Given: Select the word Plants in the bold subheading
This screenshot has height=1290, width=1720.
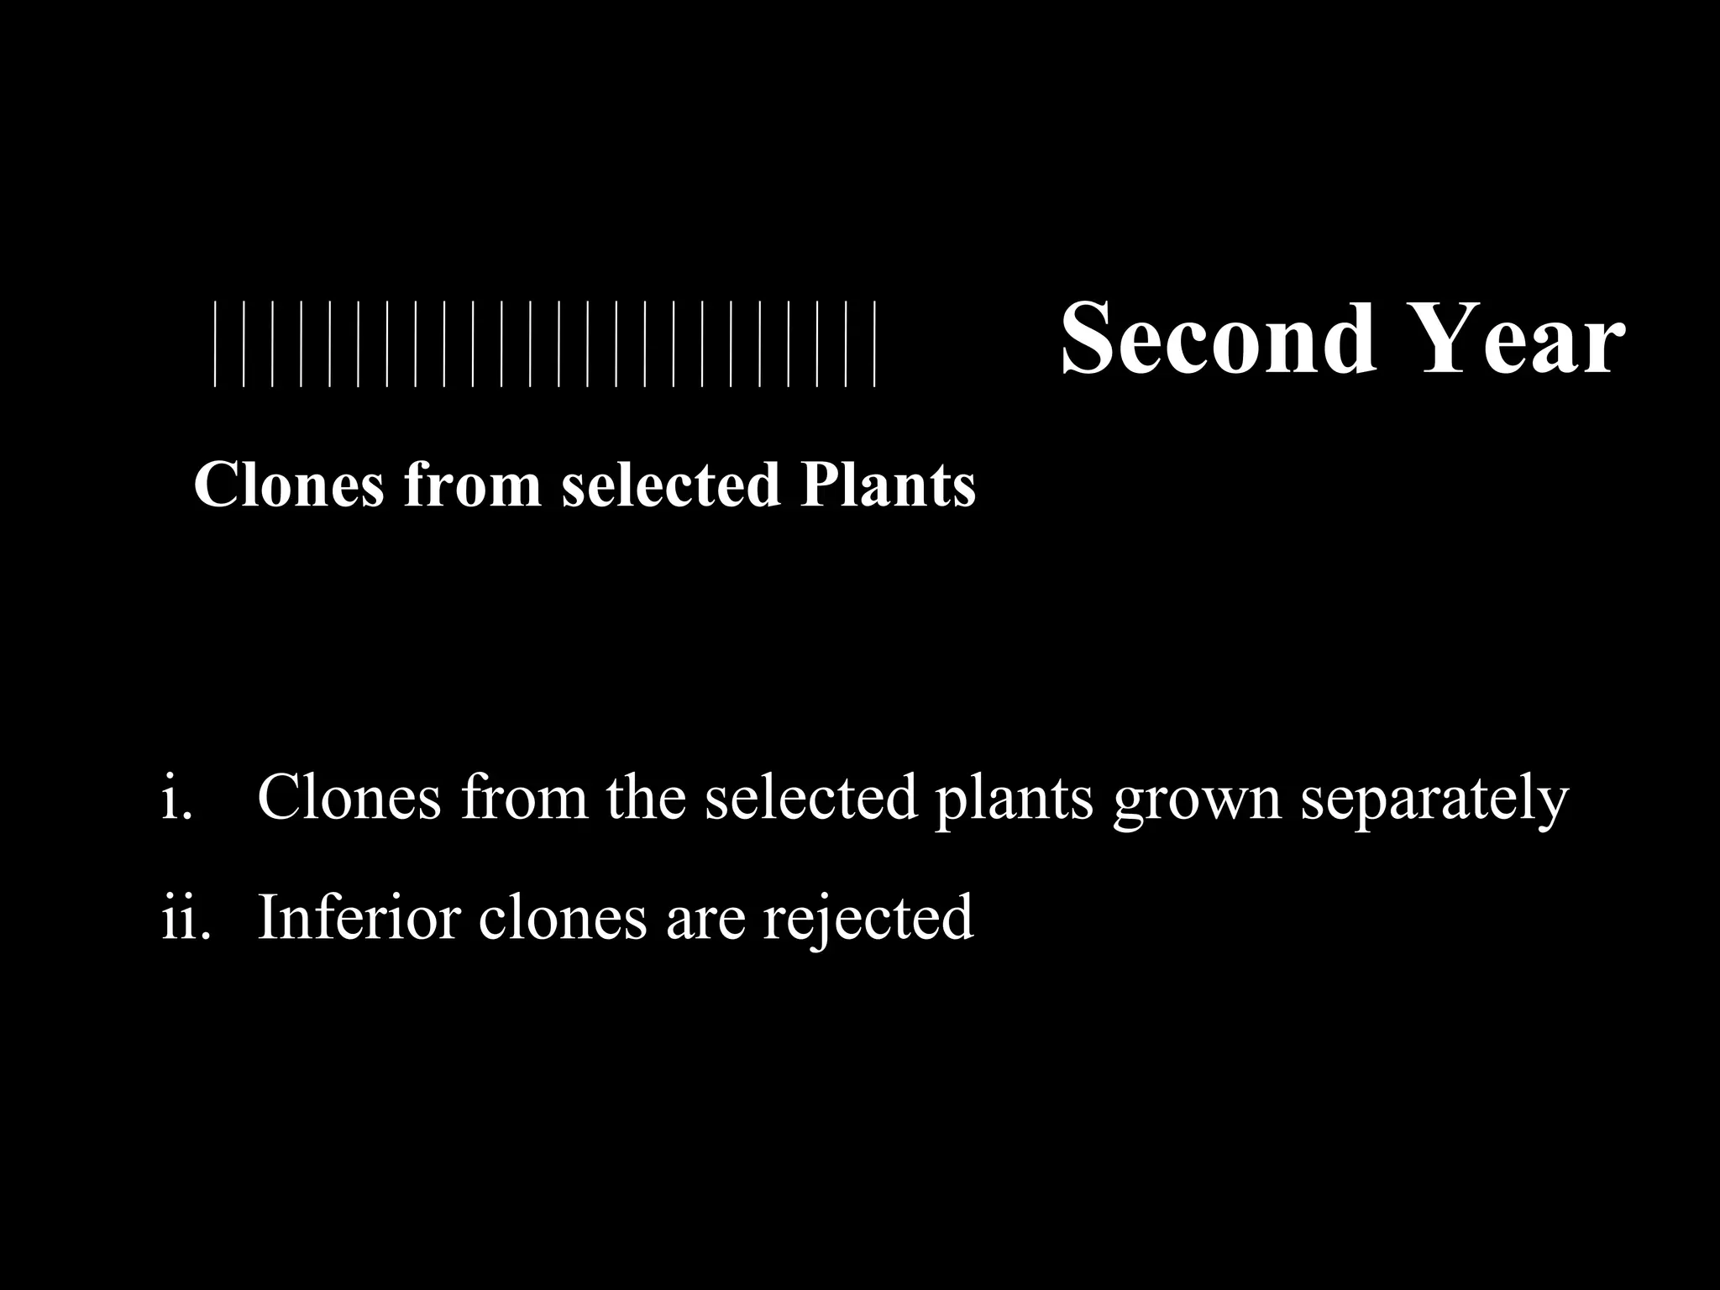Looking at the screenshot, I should [x=887, y=485].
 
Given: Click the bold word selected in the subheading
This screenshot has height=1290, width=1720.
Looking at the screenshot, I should [x=671, y=485].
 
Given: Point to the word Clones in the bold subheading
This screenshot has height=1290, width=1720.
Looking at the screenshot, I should [x=288, y=485].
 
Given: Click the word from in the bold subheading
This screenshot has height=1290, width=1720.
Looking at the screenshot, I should [x=472, y=485].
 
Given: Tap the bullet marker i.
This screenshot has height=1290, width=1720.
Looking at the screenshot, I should [x=176, y=796].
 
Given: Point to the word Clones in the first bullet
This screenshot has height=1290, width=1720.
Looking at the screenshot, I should [x=349, y=796].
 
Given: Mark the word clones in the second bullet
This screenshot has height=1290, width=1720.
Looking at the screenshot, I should [x=563, y=917].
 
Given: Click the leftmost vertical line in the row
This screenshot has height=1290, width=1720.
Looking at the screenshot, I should [x=215, y=343].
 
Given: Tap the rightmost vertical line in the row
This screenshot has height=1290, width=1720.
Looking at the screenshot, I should [x=875, y=343].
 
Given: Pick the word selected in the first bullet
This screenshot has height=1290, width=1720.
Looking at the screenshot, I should [x=810, y=796].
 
